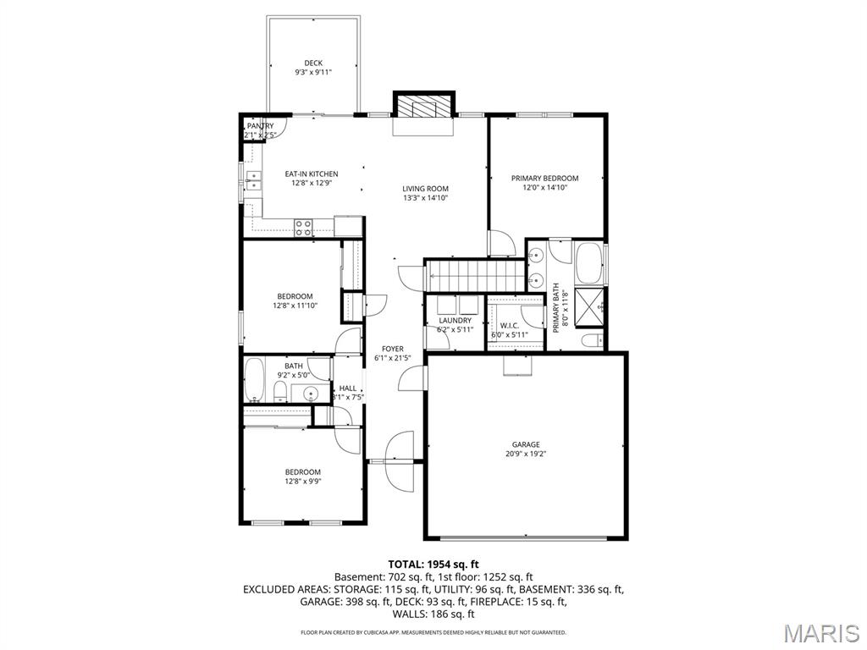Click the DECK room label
point(313,63)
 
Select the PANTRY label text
point(260,126)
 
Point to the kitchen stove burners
point(303,227)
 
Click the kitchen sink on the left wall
point(251,180)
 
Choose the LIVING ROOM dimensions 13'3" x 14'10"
point(425,198)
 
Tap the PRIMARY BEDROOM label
point(544,179)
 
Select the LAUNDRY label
point(455,321)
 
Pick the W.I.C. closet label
point(510,325)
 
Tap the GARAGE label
point(525,444)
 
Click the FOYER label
point(392,349)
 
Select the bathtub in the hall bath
point(254,379)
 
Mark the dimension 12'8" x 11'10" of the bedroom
point(295,306)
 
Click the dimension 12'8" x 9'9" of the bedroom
point(302,482)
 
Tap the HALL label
point(348,388)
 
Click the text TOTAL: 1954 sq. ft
point(433,564)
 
